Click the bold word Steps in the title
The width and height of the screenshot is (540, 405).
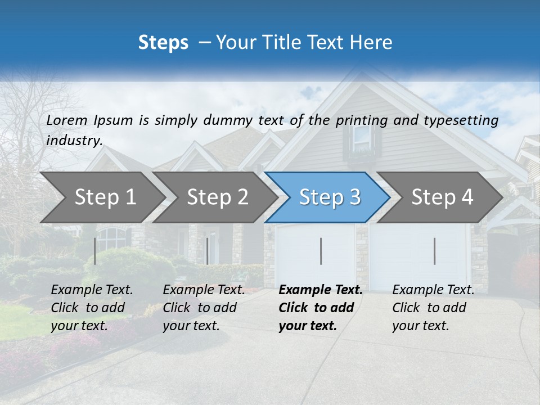coord(163,43)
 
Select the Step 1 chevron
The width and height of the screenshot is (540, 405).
coord(101,197)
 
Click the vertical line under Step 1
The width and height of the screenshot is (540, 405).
coord(94,251)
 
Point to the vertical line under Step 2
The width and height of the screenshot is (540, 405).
coord(208,251)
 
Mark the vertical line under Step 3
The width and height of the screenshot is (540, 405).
coord(321,251)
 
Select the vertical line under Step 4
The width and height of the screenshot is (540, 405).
coord(434,251)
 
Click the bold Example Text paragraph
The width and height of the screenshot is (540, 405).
coord(321,308)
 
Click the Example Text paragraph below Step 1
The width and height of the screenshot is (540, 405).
coord(92,308)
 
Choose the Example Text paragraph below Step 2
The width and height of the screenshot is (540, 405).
coord(204,308)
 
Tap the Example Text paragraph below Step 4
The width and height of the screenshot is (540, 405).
coord(433,308)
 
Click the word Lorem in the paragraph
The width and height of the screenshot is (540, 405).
coord(67,120)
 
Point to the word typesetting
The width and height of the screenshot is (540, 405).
coord(465,120)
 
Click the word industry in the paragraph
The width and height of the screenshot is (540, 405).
coord(74,140)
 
